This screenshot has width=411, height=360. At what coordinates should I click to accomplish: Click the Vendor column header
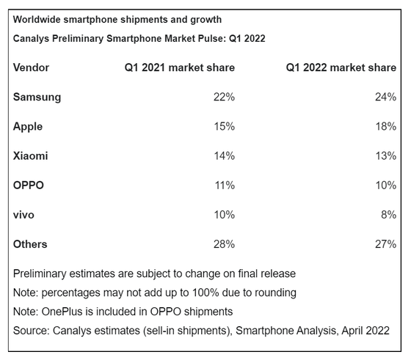(31, 67)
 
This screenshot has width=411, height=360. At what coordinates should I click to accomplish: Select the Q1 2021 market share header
(180, 67)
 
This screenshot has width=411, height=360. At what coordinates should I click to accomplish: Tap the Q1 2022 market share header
(341, 67)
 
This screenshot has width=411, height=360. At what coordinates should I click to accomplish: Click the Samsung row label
(37, 98)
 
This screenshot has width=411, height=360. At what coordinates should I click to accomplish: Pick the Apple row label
(28, 127)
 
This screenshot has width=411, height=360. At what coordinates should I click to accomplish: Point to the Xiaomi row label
(30, 155)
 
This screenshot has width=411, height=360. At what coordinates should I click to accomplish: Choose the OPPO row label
(29, 185)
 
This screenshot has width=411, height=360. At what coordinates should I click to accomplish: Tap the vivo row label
(23, 215)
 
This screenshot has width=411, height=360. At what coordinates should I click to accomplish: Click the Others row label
(30, 244)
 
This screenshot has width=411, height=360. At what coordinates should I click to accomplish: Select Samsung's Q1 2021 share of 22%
(224, 97)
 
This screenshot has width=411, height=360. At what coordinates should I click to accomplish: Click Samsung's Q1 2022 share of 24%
(385, 97)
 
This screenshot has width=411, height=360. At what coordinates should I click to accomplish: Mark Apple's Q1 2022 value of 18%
(386, 126)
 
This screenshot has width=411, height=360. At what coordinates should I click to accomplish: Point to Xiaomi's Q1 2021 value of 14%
(225, 155)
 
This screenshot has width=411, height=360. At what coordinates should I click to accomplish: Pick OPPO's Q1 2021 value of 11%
(225, 185)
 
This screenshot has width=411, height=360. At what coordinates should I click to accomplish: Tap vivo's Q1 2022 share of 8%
(389, 215)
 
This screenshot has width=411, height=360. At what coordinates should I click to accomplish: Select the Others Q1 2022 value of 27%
(385, 244)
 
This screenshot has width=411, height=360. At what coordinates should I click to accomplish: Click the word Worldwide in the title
(37, 20)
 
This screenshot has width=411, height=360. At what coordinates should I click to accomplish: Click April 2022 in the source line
(365, 331)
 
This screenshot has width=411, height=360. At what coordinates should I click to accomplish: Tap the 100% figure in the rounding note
(205, 293)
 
